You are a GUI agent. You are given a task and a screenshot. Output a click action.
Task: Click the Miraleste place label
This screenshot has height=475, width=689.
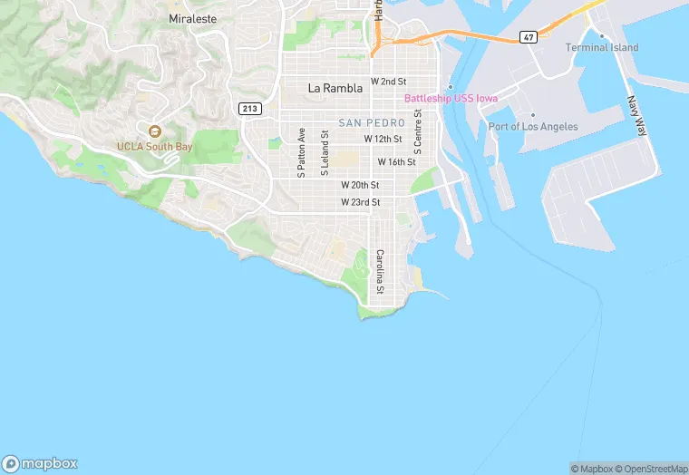tap(189, 17)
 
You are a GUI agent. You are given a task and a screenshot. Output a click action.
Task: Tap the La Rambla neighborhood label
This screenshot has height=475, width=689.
tap(335, 88)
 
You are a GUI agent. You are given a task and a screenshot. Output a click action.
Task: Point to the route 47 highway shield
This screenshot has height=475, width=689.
tap(529, 37)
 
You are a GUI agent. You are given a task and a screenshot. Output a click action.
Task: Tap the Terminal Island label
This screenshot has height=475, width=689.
tap(601, 47)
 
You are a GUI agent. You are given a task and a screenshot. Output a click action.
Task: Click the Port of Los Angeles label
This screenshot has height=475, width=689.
tap(532, 126)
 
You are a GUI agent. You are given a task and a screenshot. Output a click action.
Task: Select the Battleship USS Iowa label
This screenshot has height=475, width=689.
tap(451, 98)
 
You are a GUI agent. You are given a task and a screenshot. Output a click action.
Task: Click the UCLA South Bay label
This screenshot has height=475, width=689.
tap(154, 146)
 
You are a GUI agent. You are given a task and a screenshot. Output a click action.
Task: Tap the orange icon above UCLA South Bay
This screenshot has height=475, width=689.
tap(154, 132)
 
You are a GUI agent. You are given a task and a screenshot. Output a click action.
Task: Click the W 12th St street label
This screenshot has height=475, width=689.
tap(383, 139)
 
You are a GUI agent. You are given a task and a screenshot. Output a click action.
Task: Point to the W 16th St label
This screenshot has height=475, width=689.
tap(396, 161)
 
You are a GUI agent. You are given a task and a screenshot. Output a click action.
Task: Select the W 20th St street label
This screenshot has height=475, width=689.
tap(360, 184)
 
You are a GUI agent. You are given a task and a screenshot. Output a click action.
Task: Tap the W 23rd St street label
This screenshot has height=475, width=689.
tap(360, 202)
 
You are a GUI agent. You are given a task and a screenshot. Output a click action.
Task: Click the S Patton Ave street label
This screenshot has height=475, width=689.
tap(302, 152)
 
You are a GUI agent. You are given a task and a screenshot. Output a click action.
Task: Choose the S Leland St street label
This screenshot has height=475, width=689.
tap(325, 152)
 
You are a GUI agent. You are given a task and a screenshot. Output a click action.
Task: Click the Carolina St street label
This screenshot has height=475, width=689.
tap(381, 271)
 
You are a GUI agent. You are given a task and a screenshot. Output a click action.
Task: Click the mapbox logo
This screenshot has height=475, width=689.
tap(40, 462)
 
